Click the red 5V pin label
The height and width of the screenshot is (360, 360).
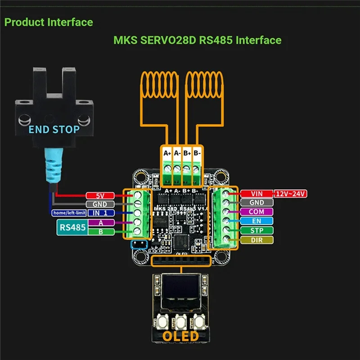[100, 196]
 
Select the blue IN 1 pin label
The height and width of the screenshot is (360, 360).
[100, 213]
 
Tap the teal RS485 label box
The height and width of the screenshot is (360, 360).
[72, 227]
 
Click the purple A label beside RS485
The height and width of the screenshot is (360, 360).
[100, 223]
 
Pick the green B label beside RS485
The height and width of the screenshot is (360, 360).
[100, 232]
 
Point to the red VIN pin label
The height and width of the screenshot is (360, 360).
[256, 194]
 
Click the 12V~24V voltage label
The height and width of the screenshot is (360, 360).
[291, 194]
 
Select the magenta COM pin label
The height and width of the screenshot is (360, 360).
[256, 212]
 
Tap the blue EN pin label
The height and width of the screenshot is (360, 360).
[256, 221]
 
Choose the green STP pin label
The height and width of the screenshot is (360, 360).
[256, 230]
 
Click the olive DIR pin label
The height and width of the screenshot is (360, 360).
[256, 240]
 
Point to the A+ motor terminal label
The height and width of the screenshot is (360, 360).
[167, 153]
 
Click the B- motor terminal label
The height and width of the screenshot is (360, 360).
[196, 153]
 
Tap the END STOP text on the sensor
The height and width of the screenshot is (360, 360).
[54, 130]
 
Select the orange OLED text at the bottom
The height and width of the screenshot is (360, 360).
[180, 336]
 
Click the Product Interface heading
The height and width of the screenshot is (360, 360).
[49, 22]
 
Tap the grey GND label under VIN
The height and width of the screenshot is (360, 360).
[256, 203]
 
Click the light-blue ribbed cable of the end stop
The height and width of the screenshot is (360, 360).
[53, 166]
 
